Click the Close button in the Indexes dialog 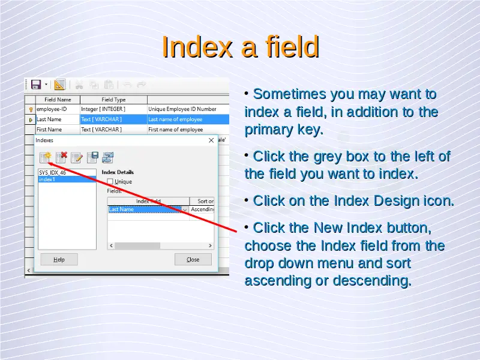(193, 259)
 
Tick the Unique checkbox (110, 182)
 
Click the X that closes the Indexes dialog (211, 140)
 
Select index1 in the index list (67, 179)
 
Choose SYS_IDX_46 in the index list (67, 173)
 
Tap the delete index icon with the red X (61, 157)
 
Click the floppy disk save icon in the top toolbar (36, 85)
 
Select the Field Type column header (113, 100)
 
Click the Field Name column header (58, 100)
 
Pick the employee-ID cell (58, 109)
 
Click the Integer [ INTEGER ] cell (113, 109)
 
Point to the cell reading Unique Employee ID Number (188, 109)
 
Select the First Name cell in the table (58, 130)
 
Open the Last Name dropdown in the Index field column (185, 209)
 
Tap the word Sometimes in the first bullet (290, 94)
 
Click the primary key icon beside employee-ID (31, 109)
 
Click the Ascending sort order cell (202, 209)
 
